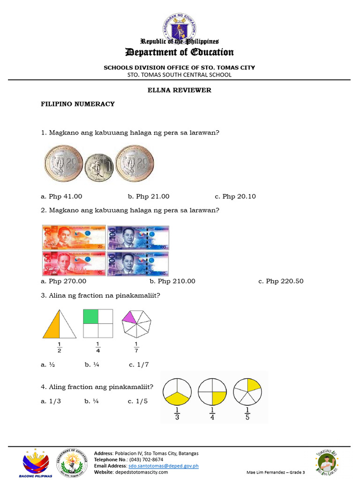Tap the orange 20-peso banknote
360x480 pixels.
[x=74, y=237]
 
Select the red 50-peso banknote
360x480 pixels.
[x=74, y=262]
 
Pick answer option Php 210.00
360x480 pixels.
[x=172, y=281]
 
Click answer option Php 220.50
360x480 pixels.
[x=281, y=281]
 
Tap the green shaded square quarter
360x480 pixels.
[x=90, y=316]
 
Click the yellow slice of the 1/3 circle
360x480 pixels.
[x=177, y=400]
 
